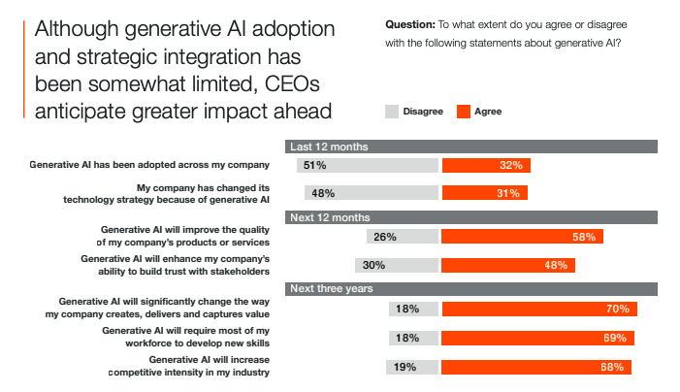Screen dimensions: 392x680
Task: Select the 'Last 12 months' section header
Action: point(472,146)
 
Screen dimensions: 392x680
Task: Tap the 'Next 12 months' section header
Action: point(472,217)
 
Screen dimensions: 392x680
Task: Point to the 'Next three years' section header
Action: point(472,289)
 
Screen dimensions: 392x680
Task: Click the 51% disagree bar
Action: point(364,166)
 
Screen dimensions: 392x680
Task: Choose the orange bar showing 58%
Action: point(523,237)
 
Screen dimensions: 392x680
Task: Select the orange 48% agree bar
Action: point(509,265)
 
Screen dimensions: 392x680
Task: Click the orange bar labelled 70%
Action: point(539,310)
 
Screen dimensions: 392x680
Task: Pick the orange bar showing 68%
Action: point(536,368)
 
